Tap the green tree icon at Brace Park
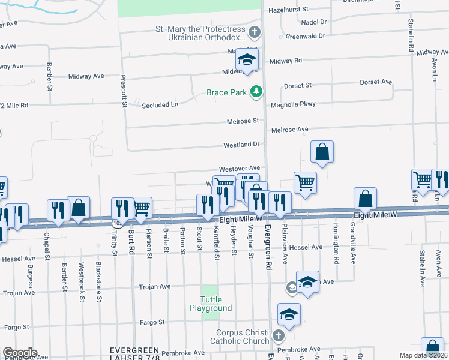(x=257, y=91)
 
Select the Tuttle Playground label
(x=211, y=304)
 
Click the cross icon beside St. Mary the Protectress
(x=255, y=31)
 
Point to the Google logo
(x=20, y=353)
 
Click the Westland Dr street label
(x=241, y=145)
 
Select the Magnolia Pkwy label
(x=294, y=104)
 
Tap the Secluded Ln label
(x=160, y=104)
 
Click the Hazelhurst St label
(x=288, y=10)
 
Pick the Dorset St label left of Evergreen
(x=298, y=86)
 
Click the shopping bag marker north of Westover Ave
(x=322, y=153)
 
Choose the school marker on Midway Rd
(x=246, y=59)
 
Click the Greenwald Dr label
(x=305, y=36)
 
